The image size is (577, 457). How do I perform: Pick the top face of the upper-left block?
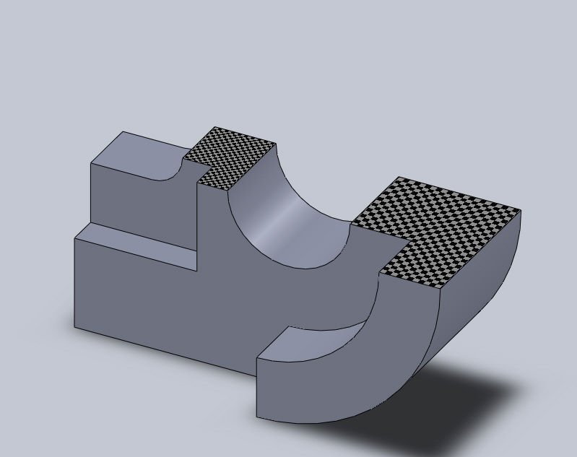[141, 155]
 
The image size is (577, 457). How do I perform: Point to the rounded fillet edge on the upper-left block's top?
[173, 175]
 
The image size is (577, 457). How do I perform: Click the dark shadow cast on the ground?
[462, 404]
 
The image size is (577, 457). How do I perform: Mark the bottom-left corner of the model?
[74, 328]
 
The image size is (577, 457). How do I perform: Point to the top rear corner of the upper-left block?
[123, 131]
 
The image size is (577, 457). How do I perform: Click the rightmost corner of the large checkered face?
[521, 211]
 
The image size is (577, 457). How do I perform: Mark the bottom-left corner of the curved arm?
[257, 417]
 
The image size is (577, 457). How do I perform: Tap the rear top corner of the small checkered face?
[216, 127]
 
